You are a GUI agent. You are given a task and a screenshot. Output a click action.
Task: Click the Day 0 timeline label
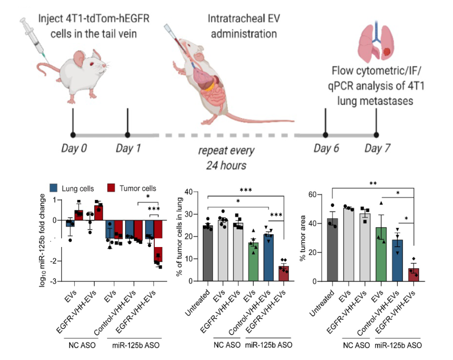click(74, 149)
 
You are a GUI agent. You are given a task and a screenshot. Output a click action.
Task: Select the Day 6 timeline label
click(326, 149)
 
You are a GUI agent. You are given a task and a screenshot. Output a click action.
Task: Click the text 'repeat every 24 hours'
click(226, 157)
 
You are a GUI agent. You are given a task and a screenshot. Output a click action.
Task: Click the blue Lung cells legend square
click(53, 188)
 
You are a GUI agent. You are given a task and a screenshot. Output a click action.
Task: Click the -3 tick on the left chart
click(55, 281)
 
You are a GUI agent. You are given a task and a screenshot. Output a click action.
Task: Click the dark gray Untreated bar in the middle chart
click(208, 253)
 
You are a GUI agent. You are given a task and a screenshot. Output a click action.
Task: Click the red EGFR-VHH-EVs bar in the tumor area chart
click(413, 275)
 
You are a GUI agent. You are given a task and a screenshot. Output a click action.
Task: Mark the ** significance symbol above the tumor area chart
click(373, 183)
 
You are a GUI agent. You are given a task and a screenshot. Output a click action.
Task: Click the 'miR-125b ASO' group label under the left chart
click(135, 346)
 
